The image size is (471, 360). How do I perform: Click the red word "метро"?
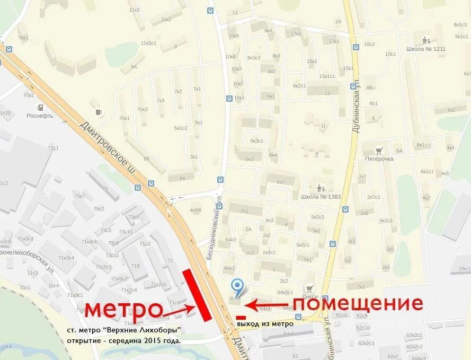123,309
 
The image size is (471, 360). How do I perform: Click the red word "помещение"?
358,303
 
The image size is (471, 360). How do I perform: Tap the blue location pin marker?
238,287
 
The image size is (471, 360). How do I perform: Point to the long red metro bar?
197,295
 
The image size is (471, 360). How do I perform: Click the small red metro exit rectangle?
241,317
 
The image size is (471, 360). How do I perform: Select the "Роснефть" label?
40,116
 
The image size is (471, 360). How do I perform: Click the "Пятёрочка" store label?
379,159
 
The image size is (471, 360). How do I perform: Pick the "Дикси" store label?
310,297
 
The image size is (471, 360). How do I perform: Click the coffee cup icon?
99,112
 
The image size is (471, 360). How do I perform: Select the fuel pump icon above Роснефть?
41,108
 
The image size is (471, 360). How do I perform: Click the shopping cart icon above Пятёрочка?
379,151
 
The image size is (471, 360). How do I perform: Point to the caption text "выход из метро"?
265,323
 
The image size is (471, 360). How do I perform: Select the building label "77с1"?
53,148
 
